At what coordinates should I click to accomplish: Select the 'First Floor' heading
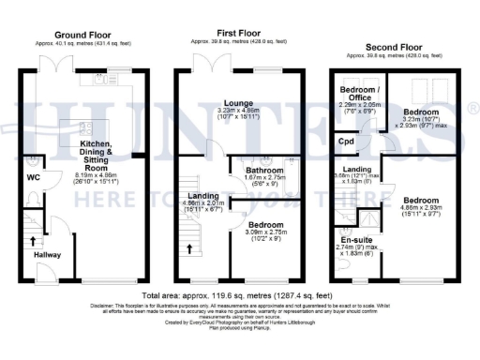tap(239, 34)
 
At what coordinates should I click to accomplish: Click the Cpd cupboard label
tap(347, 143)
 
